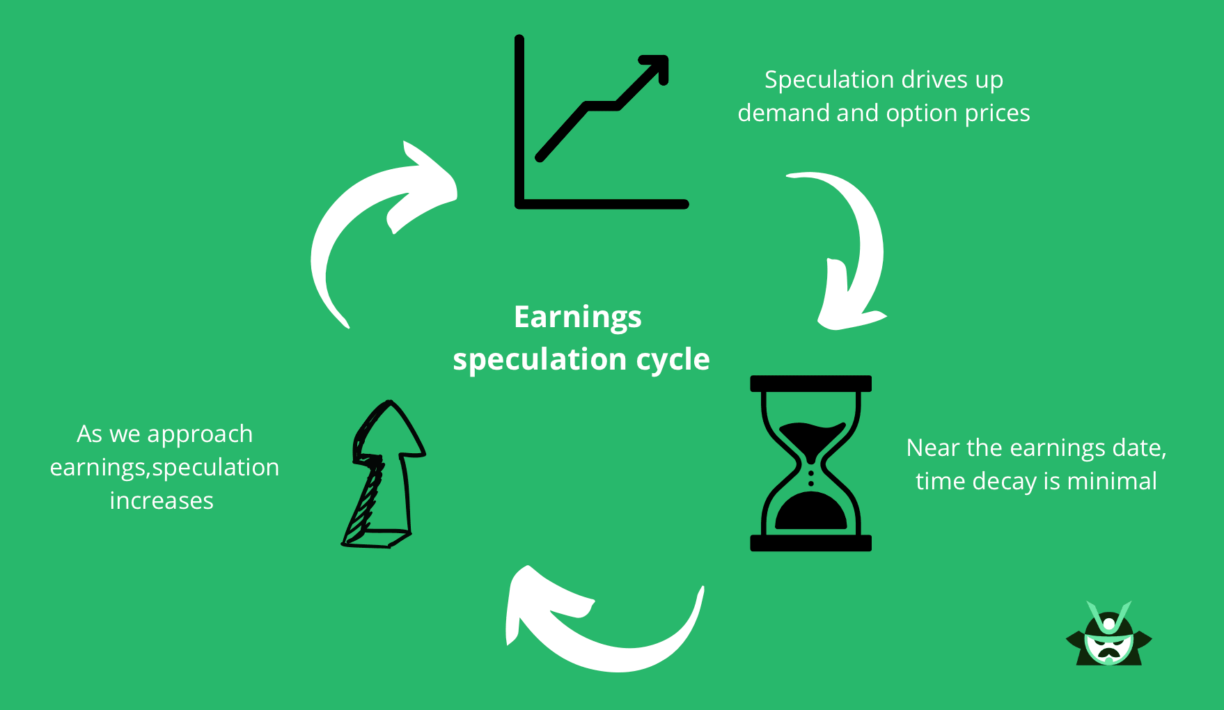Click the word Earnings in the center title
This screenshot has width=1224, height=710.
tap(577, 317)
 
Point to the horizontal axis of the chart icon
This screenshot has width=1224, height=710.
tap(602, 204)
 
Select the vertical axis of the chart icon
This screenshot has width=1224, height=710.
tap(519, 122)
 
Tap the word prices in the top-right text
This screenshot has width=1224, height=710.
tap(996, 113)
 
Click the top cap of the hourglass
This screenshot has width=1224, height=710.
tap(810, 384)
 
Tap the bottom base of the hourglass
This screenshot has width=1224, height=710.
tap(810, 543)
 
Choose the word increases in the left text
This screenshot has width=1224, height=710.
tap(162, 500)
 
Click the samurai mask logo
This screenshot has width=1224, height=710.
tap(1108, 635)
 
